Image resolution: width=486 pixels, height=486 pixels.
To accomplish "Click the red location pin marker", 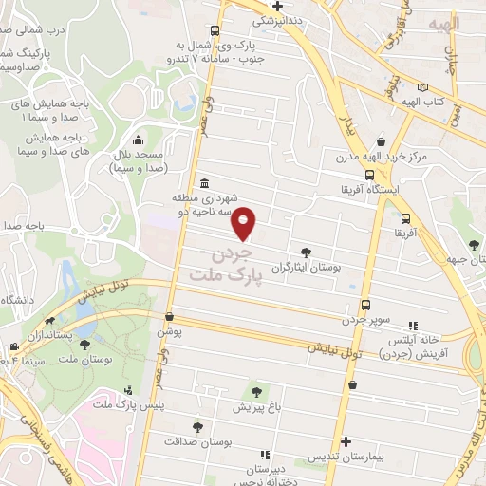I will (245, 223).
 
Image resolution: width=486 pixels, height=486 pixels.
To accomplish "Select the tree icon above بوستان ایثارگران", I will (306, 252).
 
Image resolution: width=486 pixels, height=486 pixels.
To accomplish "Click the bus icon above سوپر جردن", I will (365, 306).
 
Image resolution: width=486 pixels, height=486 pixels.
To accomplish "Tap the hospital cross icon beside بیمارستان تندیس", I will (346, 441).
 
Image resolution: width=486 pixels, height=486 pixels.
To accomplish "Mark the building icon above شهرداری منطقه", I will (203, 185).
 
